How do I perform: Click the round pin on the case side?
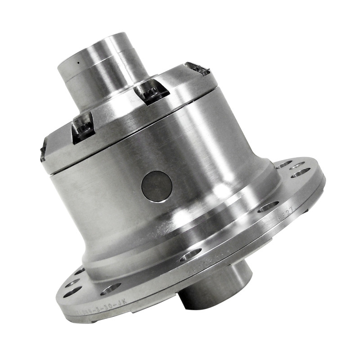[x=157, y=186]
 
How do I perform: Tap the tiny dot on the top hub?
[x=77, y=63]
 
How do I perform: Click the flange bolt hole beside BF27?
[x=269, y=207]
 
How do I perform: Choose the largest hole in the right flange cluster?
[x=300, y=173]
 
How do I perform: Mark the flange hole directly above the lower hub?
[x=190, y=256]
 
